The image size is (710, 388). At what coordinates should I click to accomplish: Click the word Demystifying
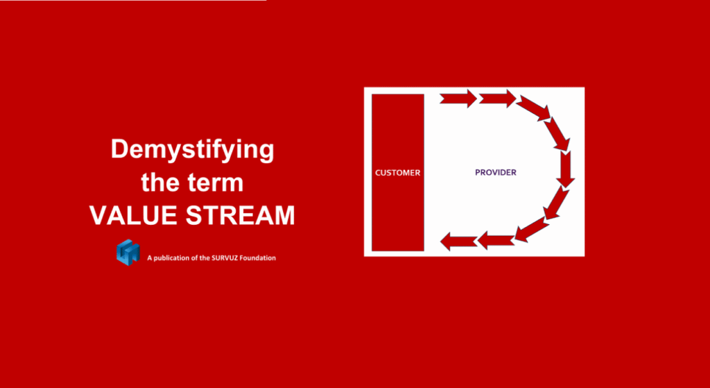193,150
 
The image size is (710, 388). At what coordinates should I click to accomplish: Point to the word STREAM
241,215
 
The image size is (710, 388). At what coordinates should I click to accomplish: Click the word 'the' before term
160,183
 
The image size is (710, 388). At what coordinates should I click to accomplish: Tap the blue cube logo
128,252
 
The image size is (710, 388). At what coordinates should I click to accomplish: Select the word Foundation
257,258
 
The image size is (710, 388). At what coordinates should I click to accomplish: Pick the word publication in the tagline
171,258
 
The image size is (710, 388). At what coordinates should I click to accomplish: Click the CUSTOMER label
397,173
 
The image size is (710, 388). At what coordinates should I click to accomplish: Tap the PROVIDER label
495,173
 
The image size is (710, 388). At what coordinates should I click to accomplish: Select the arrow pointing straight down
565,169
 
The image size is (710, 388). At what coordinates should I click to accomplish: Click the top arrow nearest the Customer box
458,99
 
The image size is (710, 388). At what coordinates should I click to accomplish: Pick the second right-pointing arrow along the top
497,99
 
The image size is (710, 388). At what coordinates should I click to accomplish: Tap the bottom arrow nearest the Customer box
458,241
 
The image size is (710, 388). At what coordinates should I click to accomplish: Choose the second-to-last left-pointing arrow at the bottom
496,240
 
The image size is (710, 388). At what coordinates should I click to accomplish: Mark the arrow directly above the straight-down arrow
557,133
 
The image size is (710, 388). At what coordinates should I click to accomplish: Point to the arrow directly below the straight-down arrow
557,203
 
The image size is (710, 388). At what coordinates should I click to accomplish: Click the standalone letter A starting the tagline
150,258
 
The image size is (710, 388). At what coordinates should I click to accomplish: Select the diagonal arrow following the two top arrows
534,108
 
